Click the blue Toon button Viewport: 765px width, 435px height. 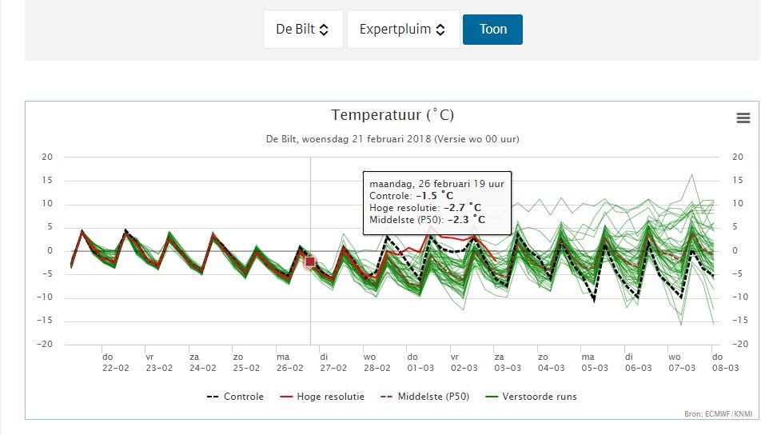click(x=492, y=30)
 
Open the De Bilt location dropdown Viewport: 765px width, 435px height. click(x=303, y=30)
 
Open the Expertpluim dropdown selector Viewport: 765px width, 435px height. click(x=403, y=30)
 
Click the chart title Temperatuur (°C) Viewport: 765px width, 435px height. click(x=392, y=115)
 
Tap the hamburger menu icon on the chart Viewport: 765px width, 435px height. click(x=743, y=118)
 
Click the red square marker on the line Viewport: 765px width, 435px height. click(x=310, y=262)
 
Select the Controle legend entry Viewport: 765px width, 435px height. click(x=235, y=397)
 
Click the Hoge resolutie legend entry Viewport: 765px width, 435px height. click(x=322, y=397)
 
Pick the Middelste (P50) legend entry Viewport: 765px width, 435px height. click(x=424, y=397)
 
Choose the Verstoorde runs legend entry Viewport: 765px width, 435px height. click(x=531, y=397)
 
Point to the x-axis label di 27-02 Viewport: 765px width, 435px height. click(x=333, y=362)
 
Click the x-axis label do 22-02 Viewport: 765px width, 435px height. click(x=116, y=362)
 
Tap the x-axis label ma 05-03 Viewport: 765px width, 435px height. click(x=595, y=362)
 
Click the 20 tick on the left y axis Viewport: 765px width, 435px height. click(x=47, y=157)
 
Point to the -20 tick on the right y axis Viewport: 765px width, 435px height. click(x=739, y=344)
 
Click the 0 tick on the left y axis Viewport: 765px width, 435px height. click(x=50, y=250)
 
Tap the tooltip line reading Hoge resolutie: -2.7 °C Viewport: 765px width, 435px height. click(x=425, y=207)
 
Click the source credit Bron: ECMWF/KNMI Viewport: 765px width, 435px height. click(x=718, y=414)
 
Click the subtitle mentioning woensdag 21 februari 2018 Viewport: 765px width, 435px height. click(x=392, y=139)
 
